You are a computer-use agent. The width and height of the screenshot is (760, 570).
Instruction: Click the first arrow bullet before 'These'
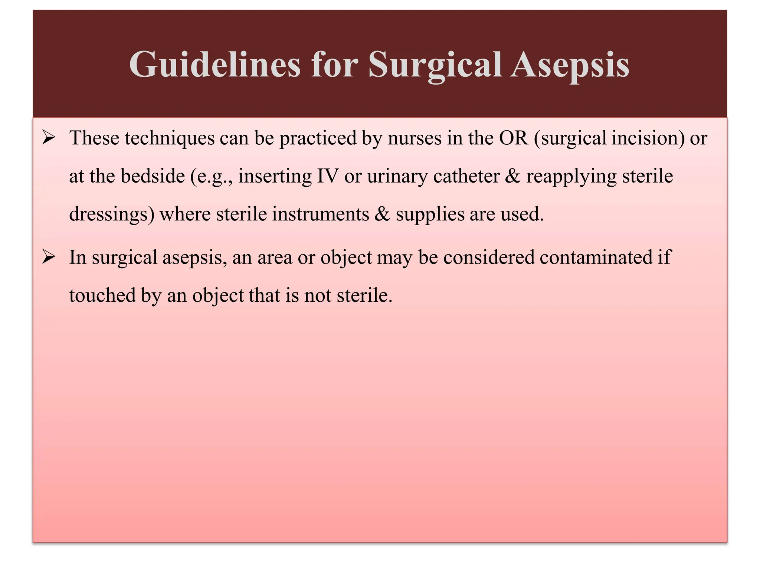point(49,138)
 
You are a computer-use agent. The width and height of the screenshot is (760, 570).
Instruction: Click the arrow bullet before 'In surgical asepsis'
point(49,257)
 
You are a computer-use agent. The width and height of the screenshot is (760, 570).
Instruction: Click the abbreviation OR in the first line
point(513,138)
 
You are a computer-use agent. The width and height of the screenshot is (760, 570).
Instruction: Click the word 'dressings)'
point(112,214)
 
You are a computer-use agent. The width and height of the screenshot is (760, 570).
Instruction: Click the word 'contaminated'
point(596,257)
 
